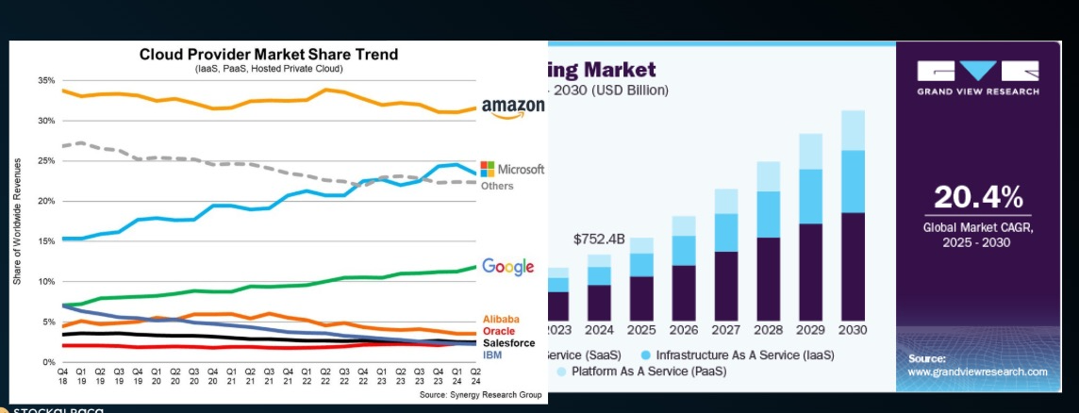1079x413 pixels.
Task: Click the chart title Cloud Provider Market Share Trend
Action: pyautogui.click(x=269, y=55)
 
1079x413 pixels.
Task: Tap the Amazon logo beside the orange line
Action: pyautogui.click(x=512, y=107)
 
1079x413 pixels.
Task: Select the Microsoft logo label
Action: pyautogui.click(x=512, y=170)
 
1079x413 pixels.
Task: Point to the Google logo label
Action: pyautogui.click(x=508, y=267)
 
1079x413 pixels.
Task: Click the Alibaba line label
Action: pyautogui.click(x=500, y=320)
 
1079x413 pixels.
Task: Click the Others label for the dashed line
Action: pyautogui.click(x=497, y=186)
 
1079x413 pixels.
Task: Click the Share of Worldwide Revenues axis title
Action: pyautogui.click(x=18, y=222)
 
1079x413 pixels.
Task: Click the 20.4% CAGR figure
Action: pyautogui.click(x=978, y=197)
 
